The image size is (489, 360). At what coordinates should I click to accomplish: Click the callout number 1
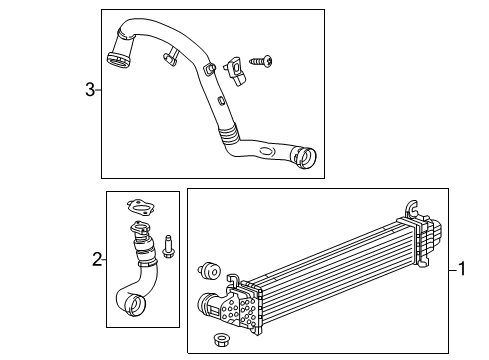pos(462,268)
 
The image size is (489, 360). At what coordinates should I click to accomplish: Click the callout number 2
pos(97,260)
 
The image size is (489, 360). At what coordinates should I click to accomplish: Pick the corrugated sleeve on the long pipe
pos(231,132)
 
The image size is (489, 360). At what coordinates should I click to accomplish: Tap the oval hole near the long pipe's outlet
pos(265,151)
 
